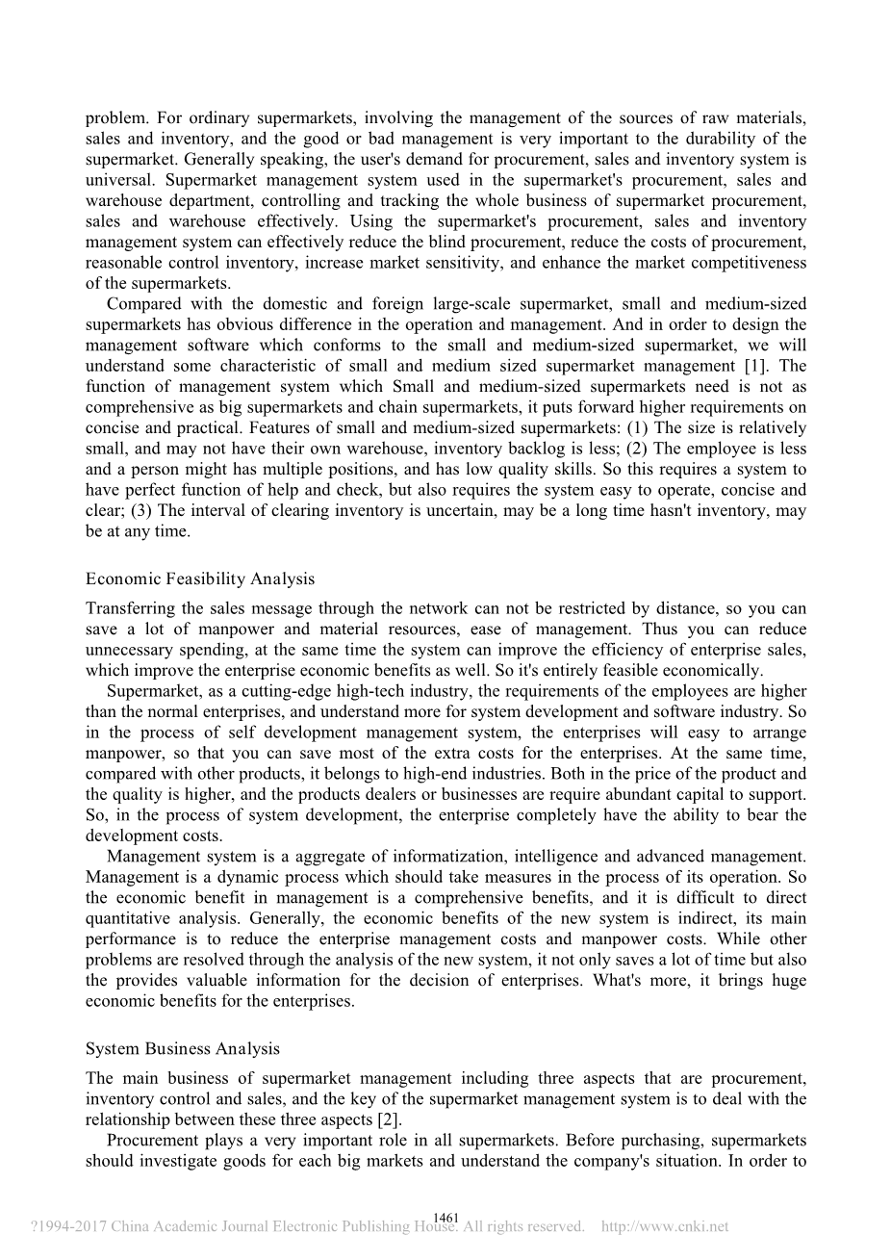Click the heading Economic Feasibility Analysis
(x=199, y=579)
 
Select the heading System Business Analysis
(x=182, y=1048)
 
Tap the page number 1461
(x=445, y=1218)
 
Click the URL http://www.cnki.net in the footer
(x=664, y=1227)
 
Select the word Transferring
(x=128, y=608)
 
